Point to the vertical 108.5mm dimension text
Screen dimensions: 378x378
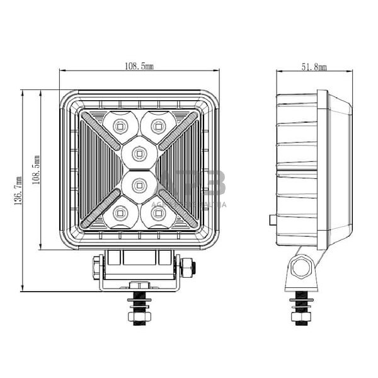(37, 170)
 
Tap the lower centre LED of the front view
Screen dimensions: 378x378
(139, 185)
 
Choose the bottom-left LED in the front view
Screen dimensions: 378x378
(120, 214)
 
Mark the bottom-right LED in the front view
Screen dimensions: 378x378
(159, 214)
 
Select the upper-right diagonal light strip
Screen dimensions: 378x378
(178, 130)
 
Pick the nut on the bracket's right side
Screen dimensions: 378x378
(187, 270)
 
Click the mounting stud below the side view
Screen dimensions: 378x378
(301, 309)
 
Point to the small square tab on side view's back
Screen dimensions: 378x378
(272, 220)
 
